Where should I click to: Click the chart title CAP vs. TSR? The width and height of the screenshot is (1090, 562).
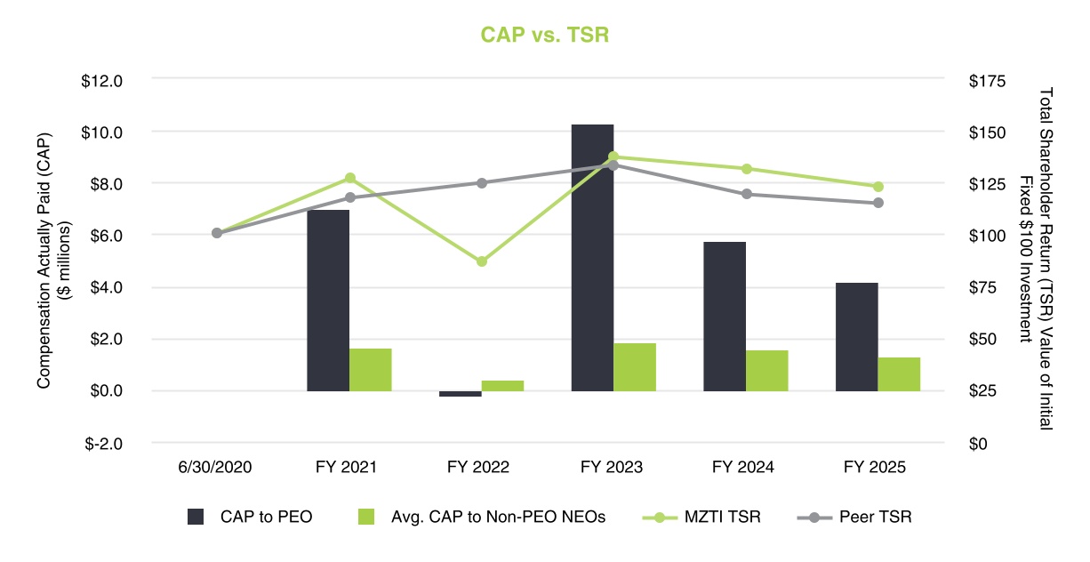click(x=544, y=35)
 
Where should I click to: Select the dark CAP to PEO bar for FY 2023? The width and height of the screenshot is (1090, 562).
click(x=592, y=258)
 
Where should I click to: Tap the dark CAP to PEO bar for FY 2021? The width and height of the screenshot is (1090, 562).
click(x=327, y=301)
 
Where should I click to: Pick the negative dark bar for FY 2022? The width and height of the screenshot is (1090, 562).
click(x=460, y=393)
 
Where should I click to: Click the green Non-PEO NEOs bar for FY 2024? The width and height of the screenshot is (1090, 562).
click(x=766, y=370)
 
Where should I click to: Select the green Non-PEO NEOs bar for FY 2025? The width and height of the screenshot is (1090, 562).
click(x=899, y=373)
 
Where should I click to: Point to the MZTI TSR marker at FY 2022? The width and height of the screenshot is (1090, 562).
click(x=481, y=261)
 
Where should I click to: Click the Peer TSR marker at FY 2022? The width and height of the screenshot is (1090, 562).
click(x=481, y=183)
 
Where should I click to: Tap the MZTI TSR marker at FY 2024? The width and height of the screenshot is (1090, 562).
click(x=747, y=169)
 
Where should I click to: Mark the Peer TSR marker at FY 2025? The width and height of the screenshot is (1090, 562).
click(x=878, y=203)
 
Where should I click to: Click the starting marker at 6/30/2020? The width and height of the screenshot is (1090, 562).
click(x=217, y=233)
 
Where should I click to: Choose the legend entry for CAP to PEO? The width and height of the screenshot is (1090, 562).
click(x=250, y=517)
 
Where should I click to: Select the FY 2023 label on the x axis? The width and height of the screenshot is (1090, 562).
click(x=613, y=467)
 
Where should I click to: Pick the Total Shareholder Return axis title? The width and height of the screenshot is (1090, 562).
click(x=1037, y=260)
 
